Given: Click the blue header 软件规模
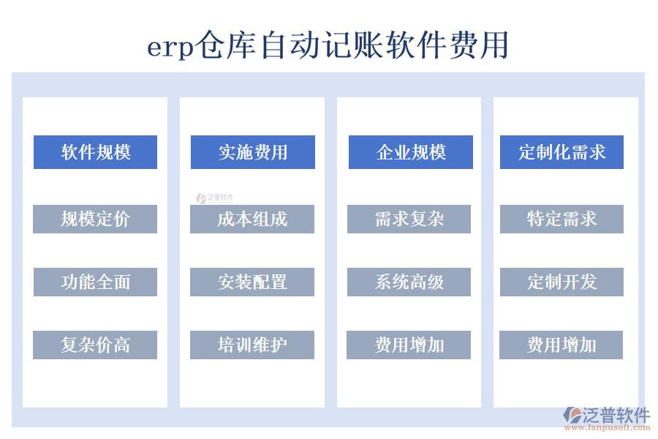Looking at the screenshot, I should [95, 152].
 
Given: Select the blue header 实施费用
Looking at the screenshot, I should [252, 152].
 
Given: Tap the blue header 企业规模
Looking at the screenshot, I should [410, 152].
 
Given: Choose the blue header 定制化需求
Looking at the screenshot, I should [561, 152].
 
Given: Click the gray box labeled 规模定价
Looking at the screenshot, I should [95, 219].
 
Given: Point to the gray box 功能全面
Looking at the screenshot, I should [95, 282].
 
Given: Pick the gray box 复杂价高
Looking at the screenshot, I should [95, 345].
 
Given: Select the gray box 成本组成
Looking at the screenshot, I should [252, 219].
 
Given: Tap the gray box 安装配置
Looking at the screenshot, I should [252, 282].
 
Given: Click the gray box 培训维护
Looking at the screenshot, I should [252, 345].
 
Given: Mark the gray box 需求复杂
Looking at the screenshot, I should [409, 219].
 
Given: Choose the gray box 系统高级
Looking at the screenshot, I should [409, 282].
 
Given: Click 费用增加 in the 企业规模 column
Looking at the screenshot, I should [409, 345].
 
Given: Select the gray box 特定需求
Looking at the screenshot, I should [561, 219].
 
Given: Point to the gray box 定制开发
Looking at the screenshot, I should [561, 282].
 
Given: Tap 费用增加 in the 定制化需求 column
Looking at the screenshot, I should [561, 345].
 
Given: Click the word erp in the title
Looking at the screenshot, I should [170, 48].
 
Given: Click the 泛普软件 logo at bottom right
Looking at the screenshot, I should [607, 415].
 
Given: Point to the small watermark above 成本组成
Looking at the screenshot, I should [213, 198].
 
